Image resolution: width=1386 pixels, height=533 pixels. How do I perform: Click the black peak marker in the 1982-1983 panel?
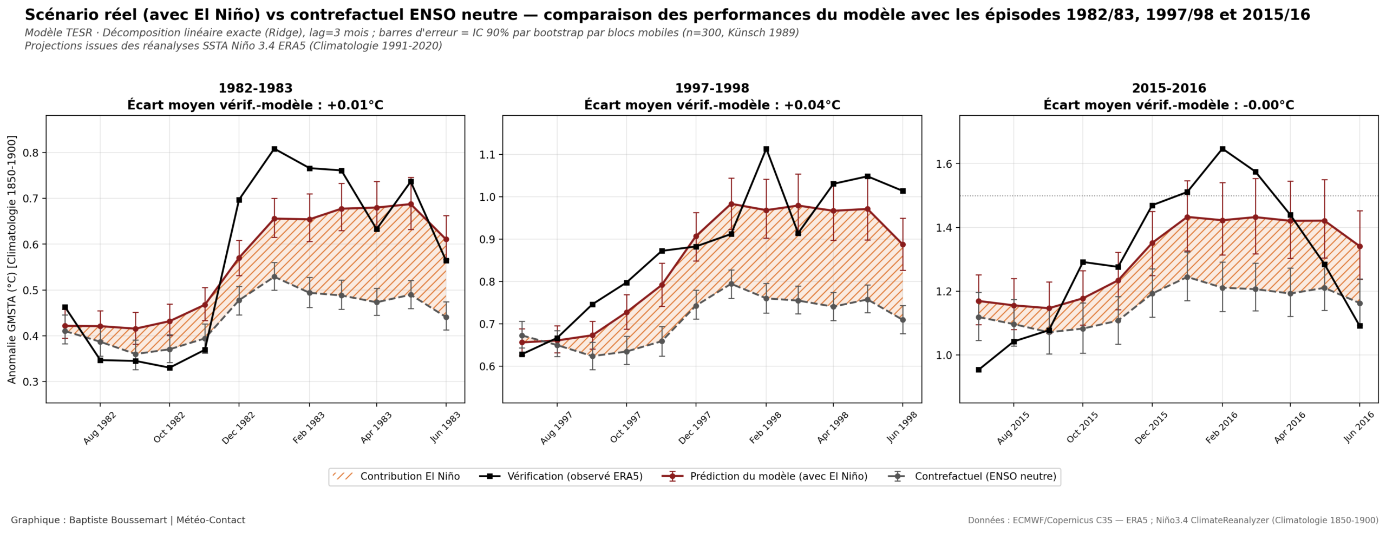click(x=274, y=149)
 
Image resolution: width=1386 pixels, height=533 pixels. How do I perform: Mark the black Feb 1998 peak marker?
click(x=766, y=149)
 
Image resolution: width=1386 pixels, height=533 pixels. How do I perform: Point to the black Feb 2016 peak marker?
click(x=1222, y=149)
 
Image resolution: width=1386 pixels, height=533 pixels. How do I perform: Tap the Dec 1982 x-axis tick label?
click(x=238, y=428)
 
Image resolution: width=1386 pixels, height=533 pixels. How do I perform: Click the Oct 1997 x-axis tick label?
click(x=626, y=427)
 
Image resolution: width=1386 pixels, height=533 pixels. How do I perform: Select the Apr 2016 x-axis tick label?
click(x=1290, y=427)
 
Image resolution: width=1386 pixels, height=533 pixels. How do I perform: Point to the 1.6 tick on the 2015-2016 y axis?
click(x=945, y=164)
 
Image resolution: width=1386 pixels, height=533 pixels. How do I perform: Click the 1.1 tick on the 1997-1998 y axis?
click(x=488, y=155)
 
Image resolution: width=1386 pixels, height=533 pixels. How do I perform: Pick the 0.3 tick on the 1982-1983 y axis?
click(x=31, y=382)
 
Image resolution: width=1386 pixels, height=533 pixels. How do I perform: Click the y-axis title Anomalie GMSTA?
click(x=12, y=259)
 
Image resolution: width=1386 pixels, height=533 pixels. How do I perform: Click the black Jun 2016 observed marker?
click(x=1359, y=326)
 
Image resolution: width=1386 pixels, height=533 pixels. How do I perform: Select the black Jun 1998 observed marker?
click(x=903, y=191)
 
